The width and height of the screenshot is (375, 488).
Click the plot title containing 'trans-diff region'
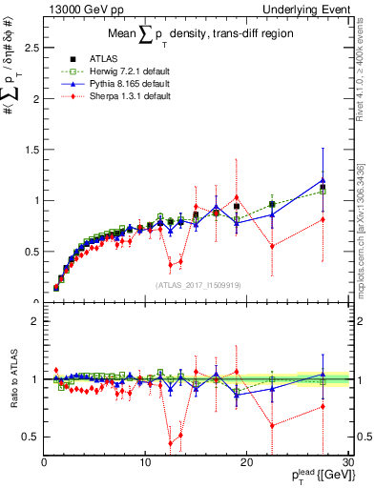coord(198,37)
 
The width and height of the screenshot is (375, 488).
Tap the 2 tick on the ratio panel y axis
coord(34,321)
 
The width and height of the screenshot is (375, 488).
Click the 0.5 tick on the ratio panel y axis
coord(31,437)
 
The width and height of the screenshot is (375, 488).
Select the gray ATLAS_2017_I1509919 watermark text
coord(198,283)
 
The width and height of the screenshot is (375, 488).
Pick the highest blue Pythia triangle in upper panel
coord(323,179)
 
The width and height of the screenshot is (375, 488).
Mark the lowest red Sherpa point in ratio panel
coord(171,443)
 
